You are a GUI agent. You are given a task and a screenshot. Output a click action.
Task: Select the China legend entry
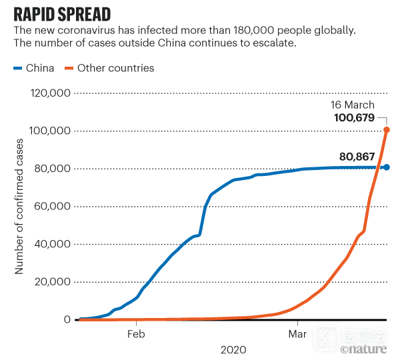click(x=34, y=68)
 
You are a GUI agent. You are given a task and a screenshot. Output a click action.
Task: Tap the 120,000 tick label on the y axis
click(x=51, y=93)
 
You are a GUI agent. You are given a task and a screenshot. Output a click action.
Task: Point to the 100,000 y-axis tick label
click(x=51, y=131)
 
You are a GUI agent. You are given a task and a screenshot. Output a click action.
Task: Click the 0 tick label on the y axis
click(x=67, y=320)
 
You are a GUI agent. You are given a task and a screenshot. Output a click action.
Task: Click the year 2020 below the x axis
click(x=233, y=349)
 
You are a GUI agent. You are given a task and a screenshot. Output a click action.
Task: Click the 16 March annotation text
click(x=353, y=105)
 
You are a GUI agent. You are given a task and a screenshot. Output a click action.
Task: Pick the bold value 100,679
click(x=354, y=119)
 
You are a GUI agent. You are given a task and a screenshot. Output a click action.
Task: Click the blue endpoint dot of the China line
click(x=387, y=167)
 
